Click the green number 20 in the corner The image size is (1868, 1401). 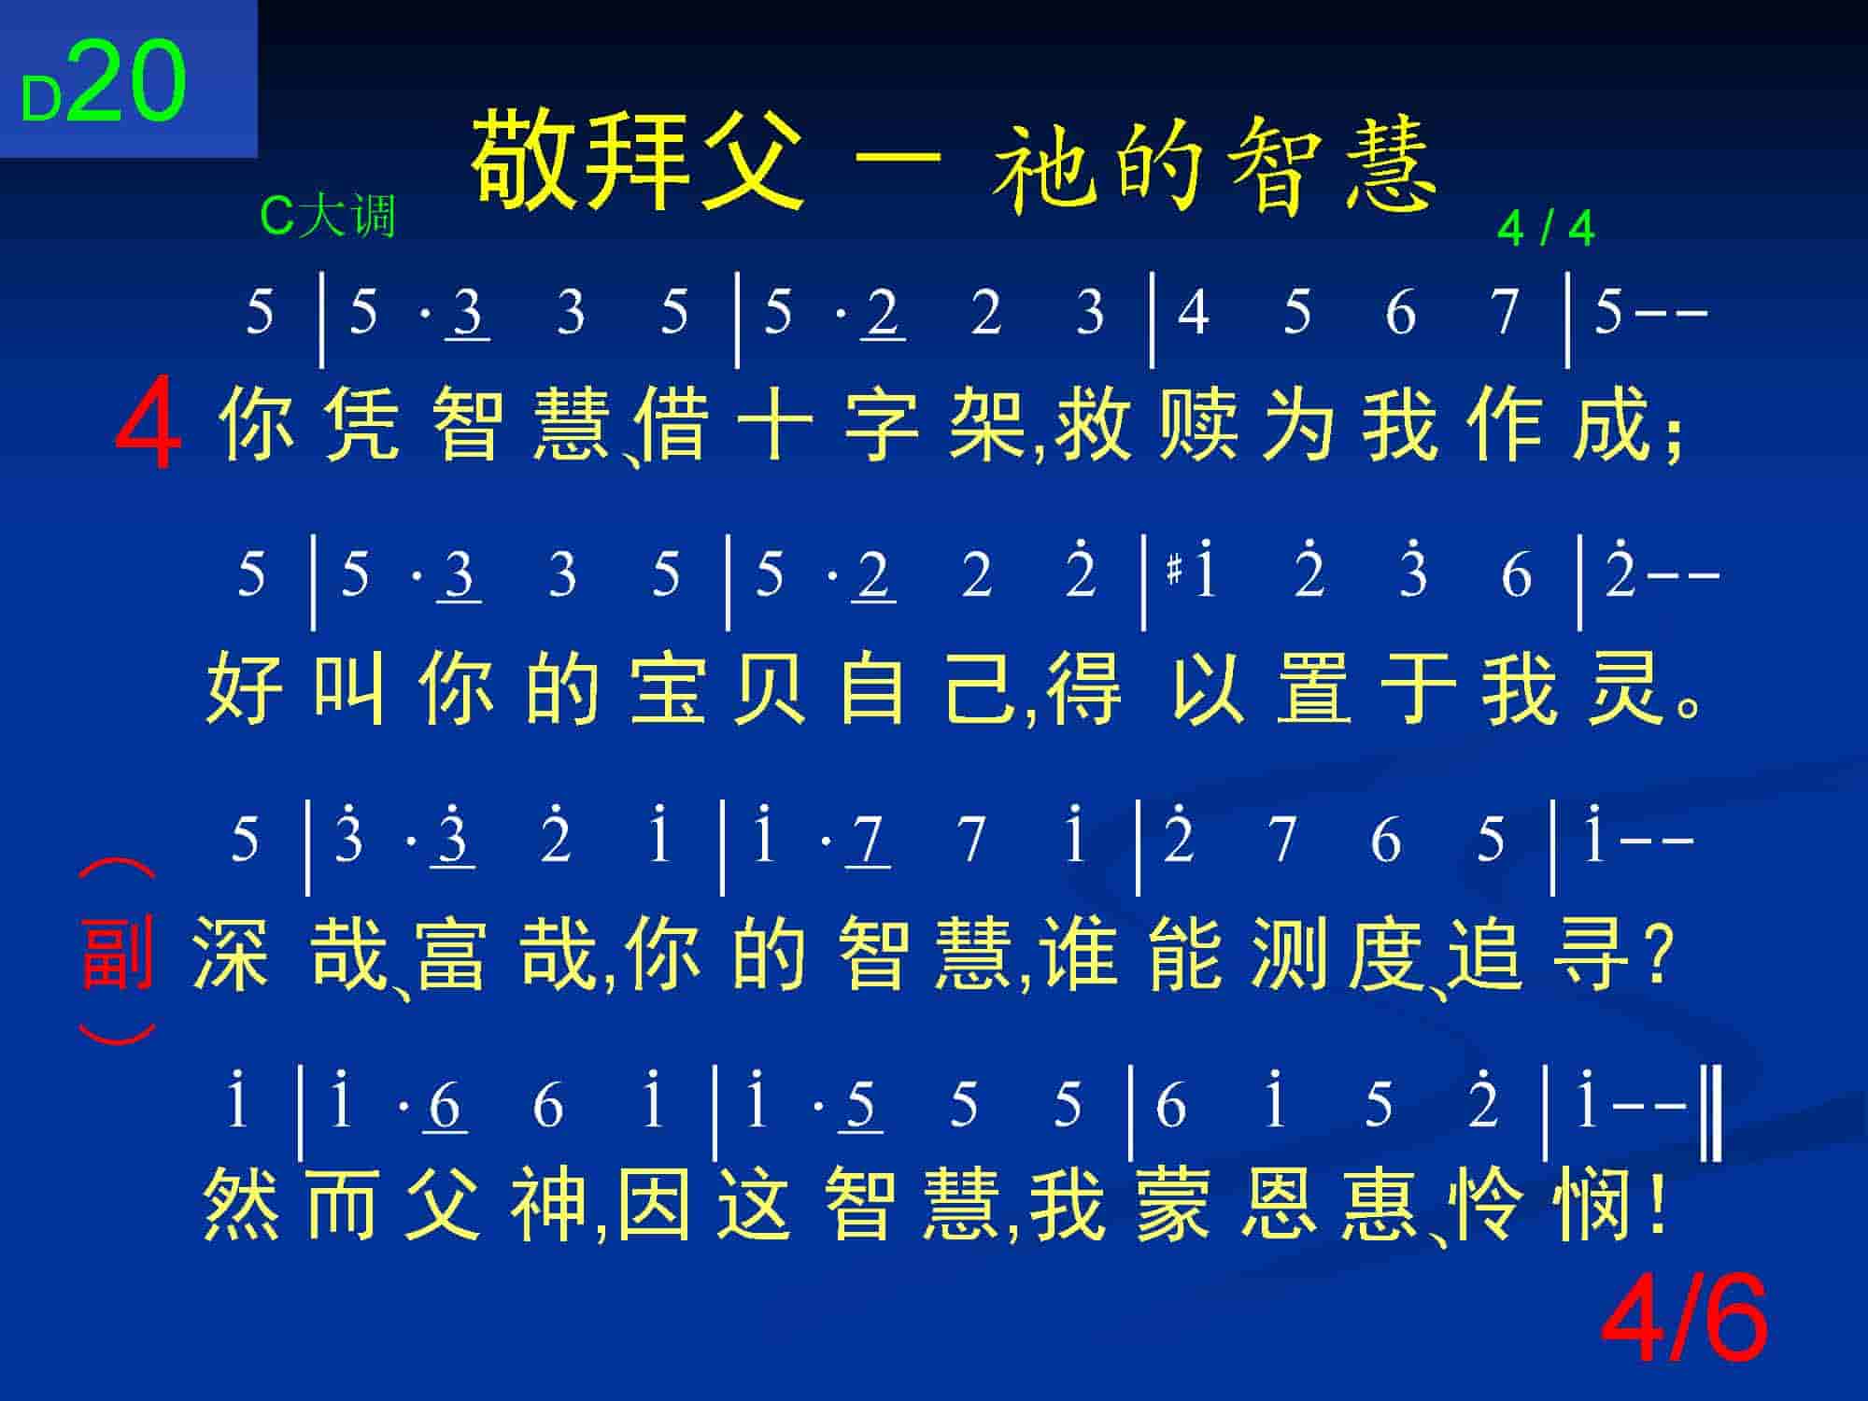click(127, 82)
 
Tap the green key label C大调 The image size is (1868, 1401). click(328, 216)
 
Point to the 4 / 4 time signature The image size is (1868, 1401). click(1546, 229)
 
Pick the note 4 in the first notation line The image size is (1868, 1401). click(1193, 312)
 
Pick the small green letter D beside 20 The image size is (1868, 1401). click(41, 100)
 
